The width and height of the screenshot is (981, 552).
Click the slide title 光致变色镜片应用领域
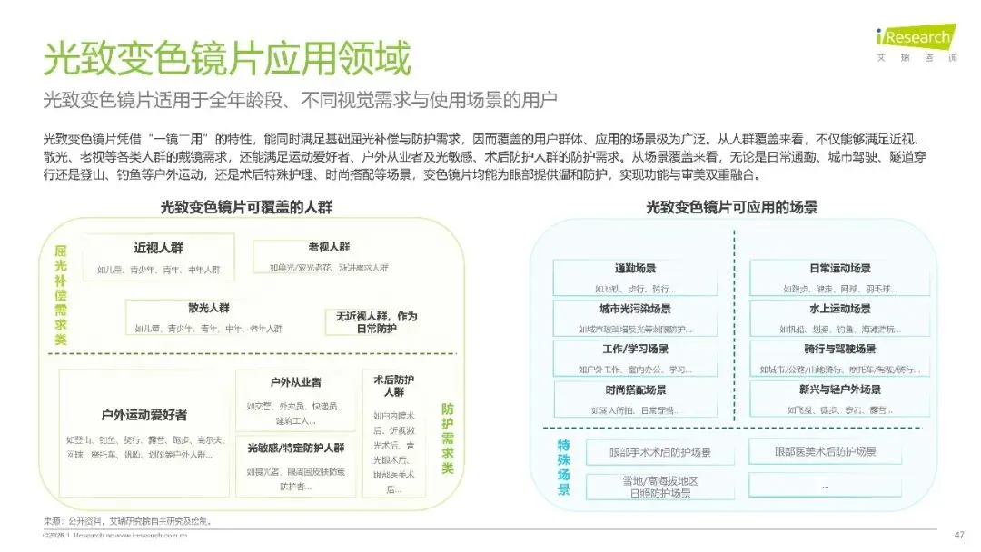227,58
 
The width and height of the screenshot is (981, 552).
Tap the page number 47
958,534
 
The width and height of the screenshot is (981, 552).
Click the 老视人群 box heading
328,247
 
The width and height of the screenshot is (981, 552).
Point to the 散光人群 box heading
208,308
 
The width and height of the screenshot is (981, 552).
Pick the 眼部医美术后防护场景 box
825,451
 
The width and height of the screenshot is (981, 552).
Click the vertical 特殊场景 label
563,467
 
